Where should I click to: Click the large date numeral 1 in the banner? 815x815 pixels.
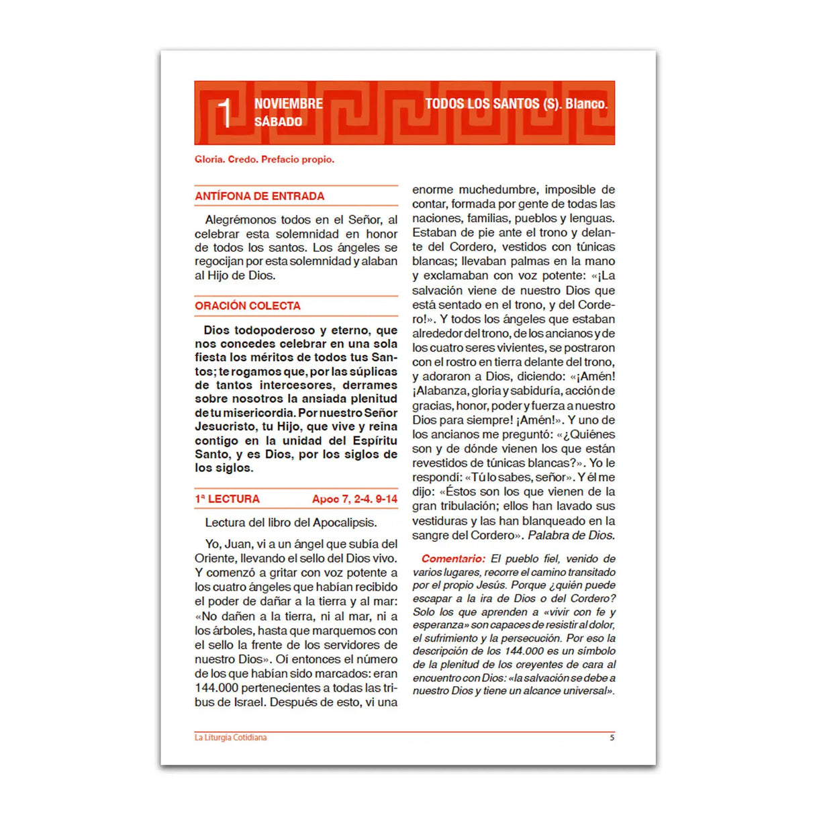click(x=225, y=113)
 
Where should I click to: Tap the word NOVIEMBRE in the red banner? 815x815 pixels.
click(x=288, y=104)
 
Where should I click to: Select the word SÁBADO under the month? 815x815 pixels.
click(x=278, y=122)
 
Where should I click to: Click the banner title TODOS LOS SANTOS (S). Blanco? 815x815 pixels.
click(x=516, y=104)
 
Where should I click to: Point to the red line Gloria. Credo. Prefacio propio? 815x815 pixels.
click(x=265, y=160)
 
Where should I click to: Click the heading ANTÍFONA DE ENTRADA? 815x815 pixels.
click(x=259, y=197)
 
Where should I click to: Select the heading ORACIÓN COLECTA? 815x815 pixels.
click(x=248, y=306)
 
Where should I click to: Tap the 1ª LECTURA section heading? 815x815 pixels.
click(x=227, y=499)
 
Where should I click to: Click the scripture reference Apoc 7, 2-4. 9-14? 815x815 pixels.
click(x=354, y=499)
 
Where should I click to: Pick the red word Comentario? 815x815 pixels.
click(x=452, y=559)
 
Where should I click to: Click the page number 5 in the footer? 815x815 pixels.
click(x=612, y=738)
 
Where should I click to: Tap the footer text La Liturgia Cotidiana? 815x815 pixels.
click(x=230, y=738)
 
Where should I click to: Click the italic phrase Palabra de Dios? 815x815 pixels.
click(x=571, y=536)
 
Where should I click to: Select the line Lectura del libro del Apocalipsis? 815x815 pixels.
click(x=291, y=523)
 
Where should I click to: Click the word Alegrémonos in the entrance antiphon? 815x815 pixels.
click(x=240, y=220)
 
